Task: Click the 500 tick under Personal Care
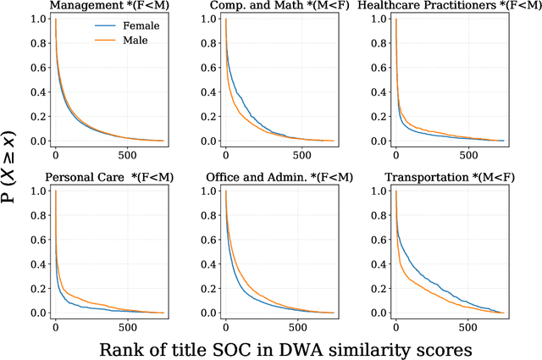tap(127, 326)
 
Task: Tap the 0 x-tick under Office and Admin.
tap(225, 326)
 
